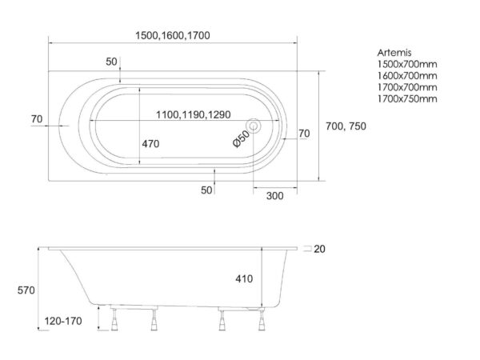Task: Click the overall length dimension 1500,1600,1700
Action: [173, 35]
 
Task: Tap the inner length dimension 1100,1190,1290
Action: [193, 114]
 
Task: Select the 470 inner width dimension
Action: [150, 143]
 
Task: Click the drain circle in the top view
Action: [254, 126]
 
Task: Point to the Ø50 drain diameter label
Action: [242, 138]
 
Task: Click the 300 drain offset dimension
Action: [275, 196]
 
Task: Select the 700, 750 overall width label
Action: [346, 126]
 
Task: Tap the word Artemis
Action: [394, 53]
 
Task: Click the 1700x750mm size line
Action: [407, 99]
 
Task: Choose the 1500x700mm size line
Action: [407, 64]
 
